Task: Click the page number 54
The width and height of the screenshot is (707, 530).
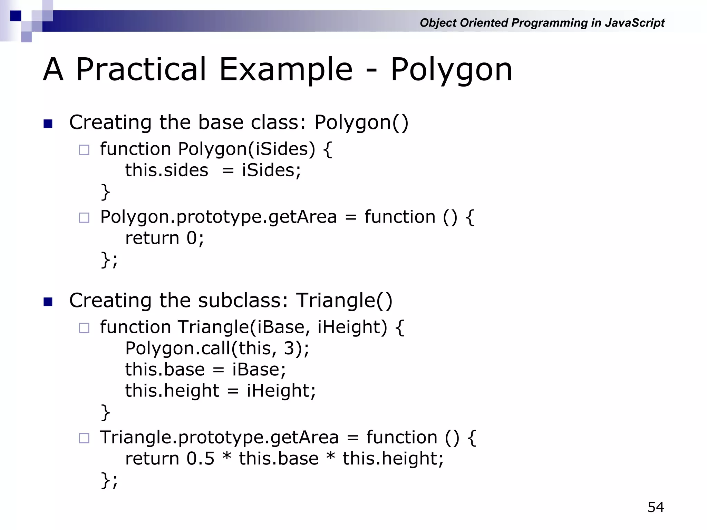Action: point(656,507)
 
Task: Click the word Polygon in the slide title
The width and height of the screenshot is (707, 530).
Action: point(451,70)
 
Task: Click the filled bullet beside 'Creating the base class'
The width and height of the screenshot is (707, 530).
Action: point(48,124)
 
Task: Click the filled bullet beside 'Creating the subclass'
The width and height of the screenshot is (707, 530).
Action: point(48,302)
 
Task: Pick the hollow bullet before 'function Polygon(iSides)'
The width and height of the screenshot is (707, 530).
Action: point(84,150)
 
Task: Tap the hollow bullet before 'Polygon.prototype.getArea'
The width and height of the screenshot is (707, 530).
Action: point(84,218)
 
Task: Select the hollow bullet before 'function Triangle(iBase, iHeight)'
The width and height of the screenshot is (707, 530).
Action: point(84,328)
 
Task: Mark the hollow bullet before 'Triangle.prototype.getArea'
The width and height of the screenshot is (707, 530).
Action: point(84,438)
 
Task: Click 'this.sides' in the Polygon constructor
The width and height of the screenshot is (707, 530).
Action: point(166,170)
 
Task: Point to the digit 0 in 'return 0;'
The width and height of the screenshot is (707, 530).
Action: point(192,238)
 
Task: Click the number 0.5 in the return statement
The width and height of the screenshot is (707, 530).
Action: point(200,459)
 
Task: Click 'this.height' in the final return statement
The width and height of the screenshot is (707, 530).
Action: point(390,459)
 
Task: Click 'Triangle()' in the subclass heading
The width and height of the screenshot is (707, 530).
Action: point(344,300)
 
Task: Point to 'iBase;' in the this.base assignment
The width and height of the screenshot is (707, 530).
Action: point(259,370)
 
